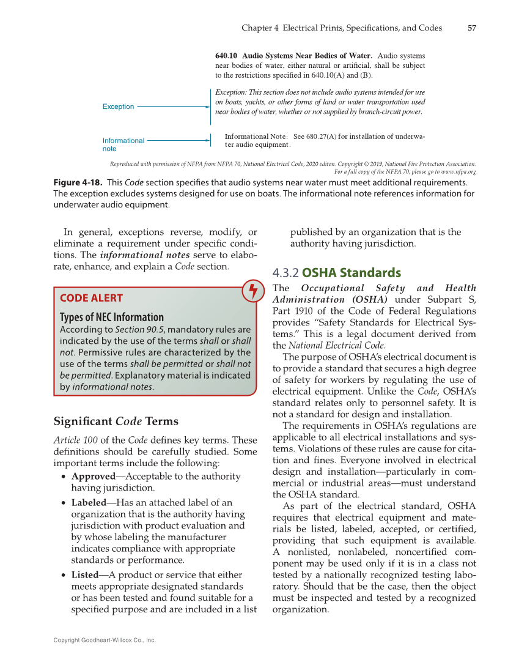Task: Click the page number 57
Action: pos(471,28)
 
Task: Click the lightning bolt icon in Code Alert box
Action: pos(251,291)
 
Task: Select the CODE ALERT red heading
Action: pos(91,298)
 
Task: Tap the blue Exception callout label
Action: pos(118,106)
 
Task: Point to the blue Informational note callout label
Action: pos(123,144)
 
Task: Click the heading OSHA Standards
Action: pos(352,273)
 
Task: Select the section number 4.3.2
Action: pos(285,273)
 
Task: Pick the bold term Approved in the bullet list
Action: pos(93,476)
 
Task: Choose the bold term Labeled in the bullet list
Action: pos(88,503)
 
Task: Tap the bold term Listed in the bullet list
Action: pos(84,575)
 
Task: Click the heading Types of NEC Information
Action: pos(111,317)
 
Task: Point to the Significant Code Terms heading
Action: pos(116,421)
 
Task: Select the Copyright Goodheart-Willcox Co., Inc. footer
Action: pos(105,640)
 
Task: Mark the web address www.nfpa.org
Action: pos(456,172)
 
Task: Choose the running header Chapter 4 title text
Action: pos(342,28)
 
